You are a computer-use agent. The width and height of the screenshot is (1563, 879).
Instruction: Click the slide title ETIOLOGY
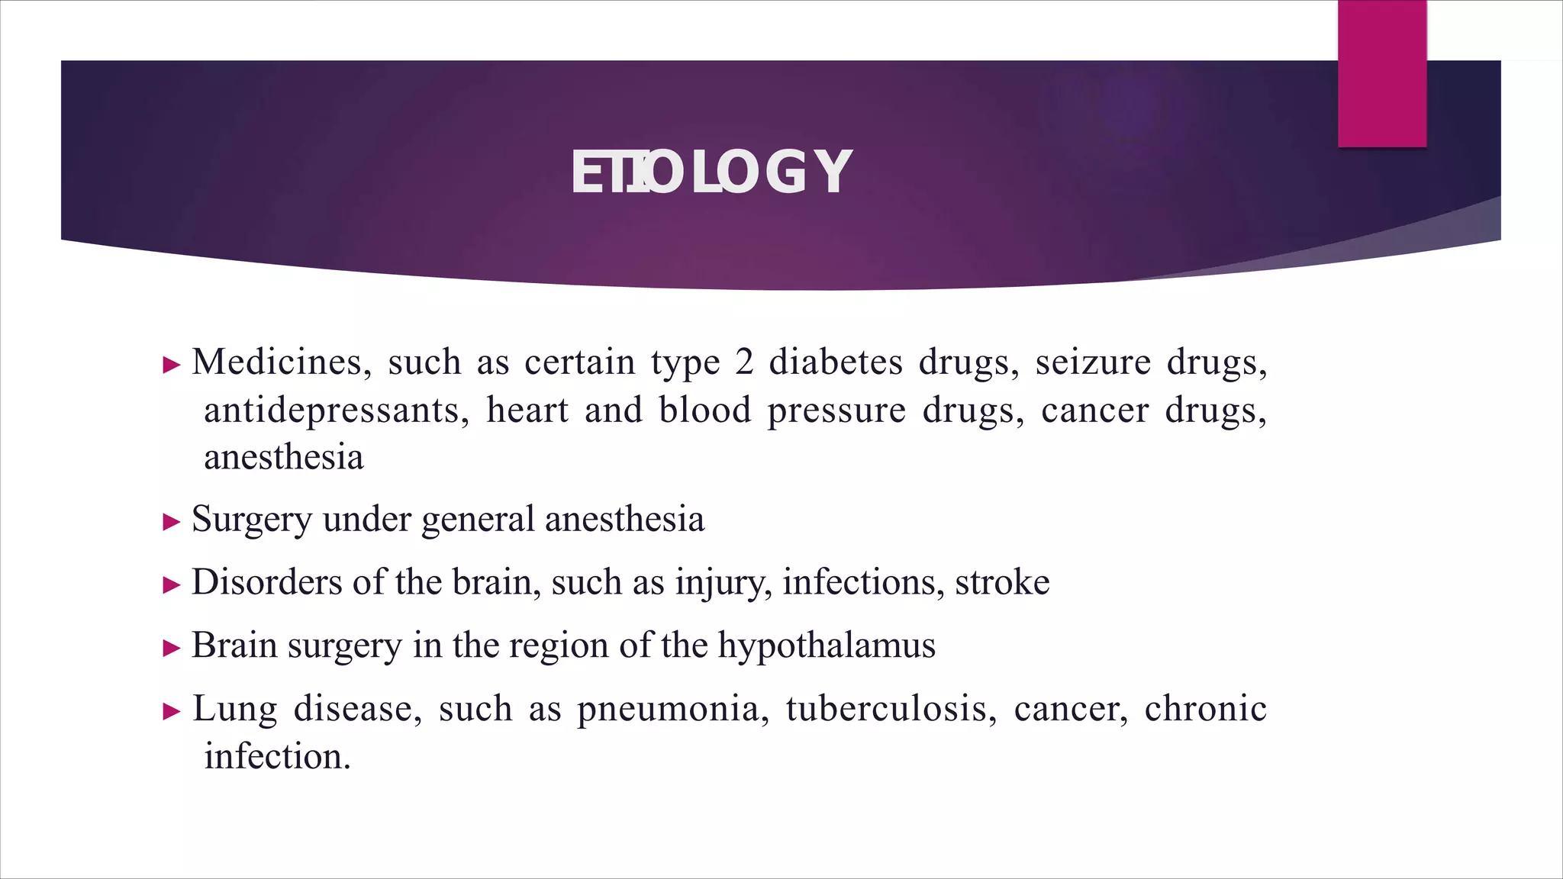[711, 172]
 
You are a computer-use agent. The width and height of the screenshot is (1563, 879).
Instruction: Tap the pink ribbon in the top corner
[1381, 73]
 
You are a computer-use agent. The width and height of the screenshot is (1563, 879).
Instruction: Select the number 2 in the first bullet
[744, 362]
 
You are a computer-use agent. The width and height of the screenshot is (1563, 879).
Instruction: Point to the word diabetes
[836, 362]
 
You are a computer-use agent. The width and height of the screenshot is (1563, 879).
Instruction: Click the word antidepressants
[336, 411]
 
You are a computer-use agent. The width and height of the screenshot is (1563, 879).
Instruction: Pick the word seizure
[1093, 362]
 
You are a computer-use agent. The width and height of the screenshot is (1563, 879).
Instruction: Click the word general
[478, 520]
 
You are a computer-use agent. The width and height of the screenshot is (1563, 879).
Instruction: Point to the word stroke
[1002, 583]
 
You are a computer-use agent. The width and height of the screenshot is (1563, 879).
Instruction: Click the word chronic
[1206, 710]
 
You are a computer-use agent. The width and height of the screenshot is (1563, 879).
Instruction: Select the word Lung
[234, 710]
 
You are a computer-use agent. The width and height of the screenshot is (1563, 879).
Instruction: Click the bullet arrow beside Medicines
[172, 365]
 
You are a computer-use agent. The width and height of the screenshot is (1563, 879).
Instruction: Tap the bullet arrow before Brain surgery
[172, 649]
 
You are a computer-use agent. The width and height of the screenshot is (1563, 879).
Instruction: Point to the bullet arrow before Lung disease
[172, 712]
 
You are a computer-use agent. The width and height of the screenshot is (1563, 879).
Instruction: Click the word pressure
[836, 411]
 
